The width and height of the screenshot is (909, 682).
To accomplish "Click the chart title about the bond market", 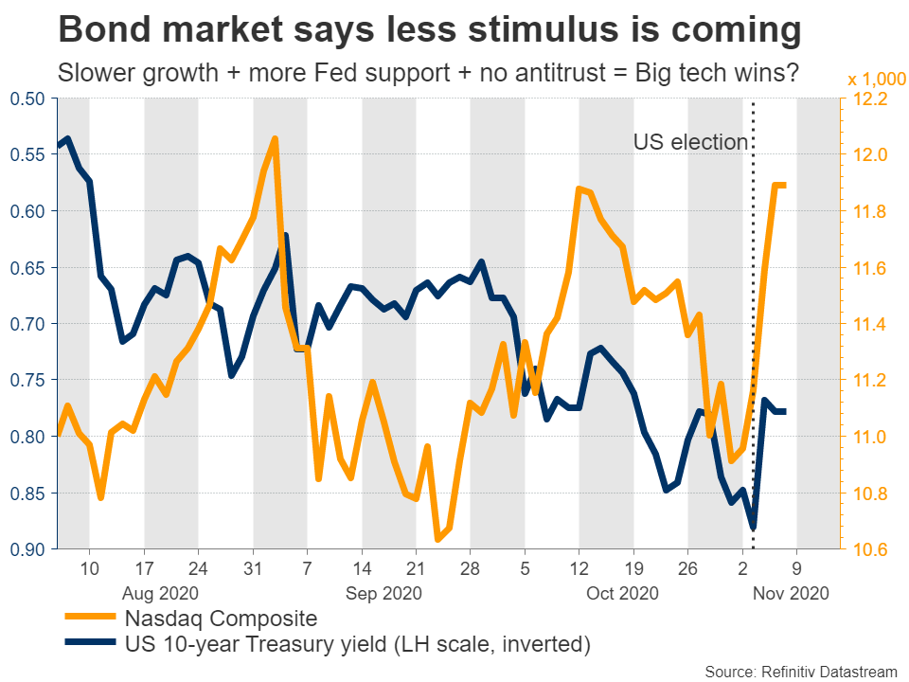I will pyautogui.click(x=430, y=31).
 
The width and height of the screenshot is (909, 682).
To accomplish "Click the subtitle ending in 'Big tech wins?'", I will pyautogui.click(x=426, y=73).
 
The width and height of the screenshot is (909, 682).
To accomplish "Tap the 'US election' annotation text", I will pyautogui.click(x=690, y=143).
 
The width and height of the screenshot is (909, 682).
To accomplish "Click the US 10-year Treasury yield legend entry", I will pyautogui.click(x=358, y=647).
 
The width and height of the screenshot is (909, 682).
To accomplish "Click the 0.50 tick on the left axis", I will pyautogui.click(x=28, y=99).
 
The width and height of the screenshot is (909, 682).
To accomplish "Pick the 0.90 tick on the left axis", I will pyautogui.click(x=28, y=549).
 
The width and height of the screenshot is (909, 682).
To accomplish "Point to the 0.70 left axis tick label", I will pyautogui.click(x=28, y=324).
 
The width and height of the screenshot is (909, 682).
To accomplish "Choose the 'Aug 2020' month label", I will pyautogui.click(x=159, y=594).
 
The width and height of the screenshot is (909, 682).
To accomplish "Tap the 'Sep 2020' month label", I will pyautogui.click(x=383, y=594).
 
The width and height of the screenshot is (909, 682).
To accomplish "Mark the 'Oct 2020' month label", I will pyautogui.click(x=621, y=594).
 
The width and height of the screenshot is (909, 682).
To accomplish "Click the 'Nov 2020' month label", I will pyautogui.click(x=792, y=594).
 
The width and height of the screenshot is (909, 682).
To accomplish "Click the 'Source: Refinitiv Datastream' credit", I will pyautogui.click(x=800, y=671).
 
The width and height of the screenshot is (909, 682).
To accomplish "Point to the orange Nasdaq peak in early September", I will pyautogui.click(x=274, y=139).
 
